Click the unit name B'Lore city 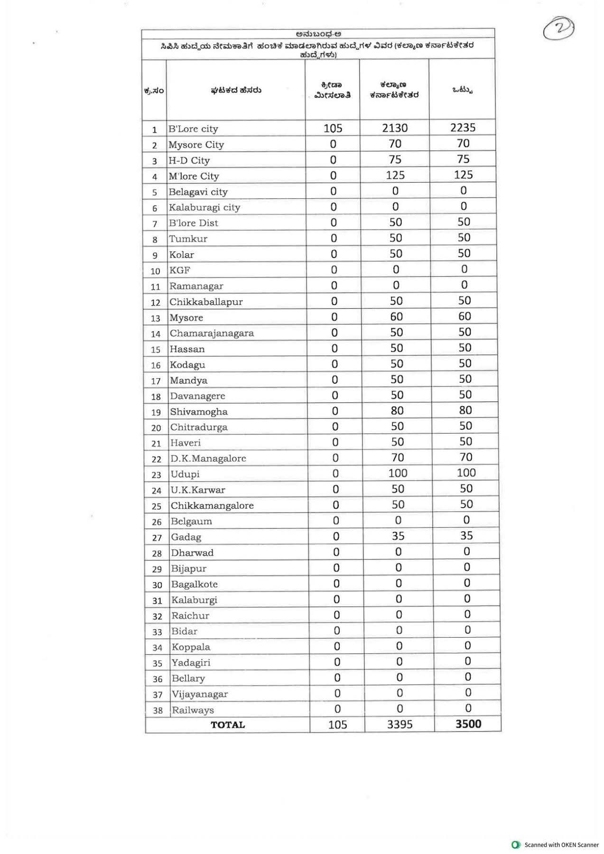(x=193, y=129)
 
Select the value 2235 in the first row (x=463, y=128)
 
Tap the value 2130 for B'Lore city (x=395, y=128)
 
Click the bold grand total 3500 (x=468, y=724)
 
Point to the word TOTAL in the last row (x=228, y=725)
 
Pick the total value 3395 (x=400, y=724)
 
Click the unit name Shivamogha (x=199, y=412)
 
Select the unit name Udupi (x=185, y=474)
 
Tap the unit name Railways (x=193, y=710)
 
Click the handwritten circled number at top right (x=558, y=29)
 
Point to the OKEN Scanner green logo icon (x=516, y=845)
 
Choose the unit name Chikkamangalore (x=212, y=506)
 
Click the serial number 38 (x=158, y=711)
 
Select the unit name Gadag (x=186, y=537)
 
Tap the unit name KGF (x=180, y=270)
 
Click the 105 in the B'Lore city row (x=333, y=129)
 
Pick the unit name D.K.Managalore (x=208, y=459)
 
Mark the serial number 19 (x=156, y=412)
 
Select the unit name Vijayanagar (x=200, y=694)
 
